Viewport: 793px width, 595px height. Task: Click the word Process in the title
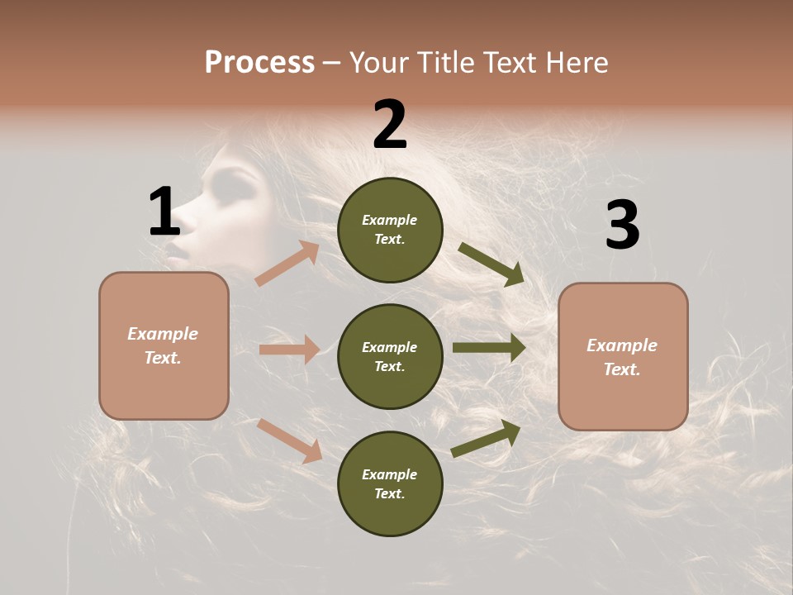tap(259, 62)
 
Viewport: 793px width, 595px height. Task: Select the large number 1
tap(164, 212)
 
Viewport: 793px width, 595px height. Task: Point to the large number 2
tap(390, 125)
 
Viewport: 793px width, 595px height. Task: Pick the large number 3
tap(622, 225)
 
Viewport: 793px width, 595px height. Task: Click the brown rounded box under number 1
tap(164, 345)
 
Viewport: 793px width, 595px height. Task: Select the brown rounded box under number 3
tap(623, 357)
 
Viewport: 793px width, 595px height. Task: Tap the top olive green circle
tap(390, 230)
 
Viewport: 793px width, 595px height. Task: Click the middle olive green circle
tap(390, 357)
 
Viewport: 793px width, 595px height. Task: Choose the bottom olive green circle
tap(390, 484)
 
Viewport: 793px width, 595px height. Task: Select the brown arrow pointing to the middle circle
tap(289, 350)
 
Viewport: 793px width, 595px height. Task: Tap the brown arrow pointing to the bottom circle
tap(289, 440)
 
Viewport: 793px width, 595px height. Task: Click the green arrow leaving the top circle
tap(491, 264)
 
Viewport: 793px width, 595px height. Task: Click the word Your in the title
tap(379, 62)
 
